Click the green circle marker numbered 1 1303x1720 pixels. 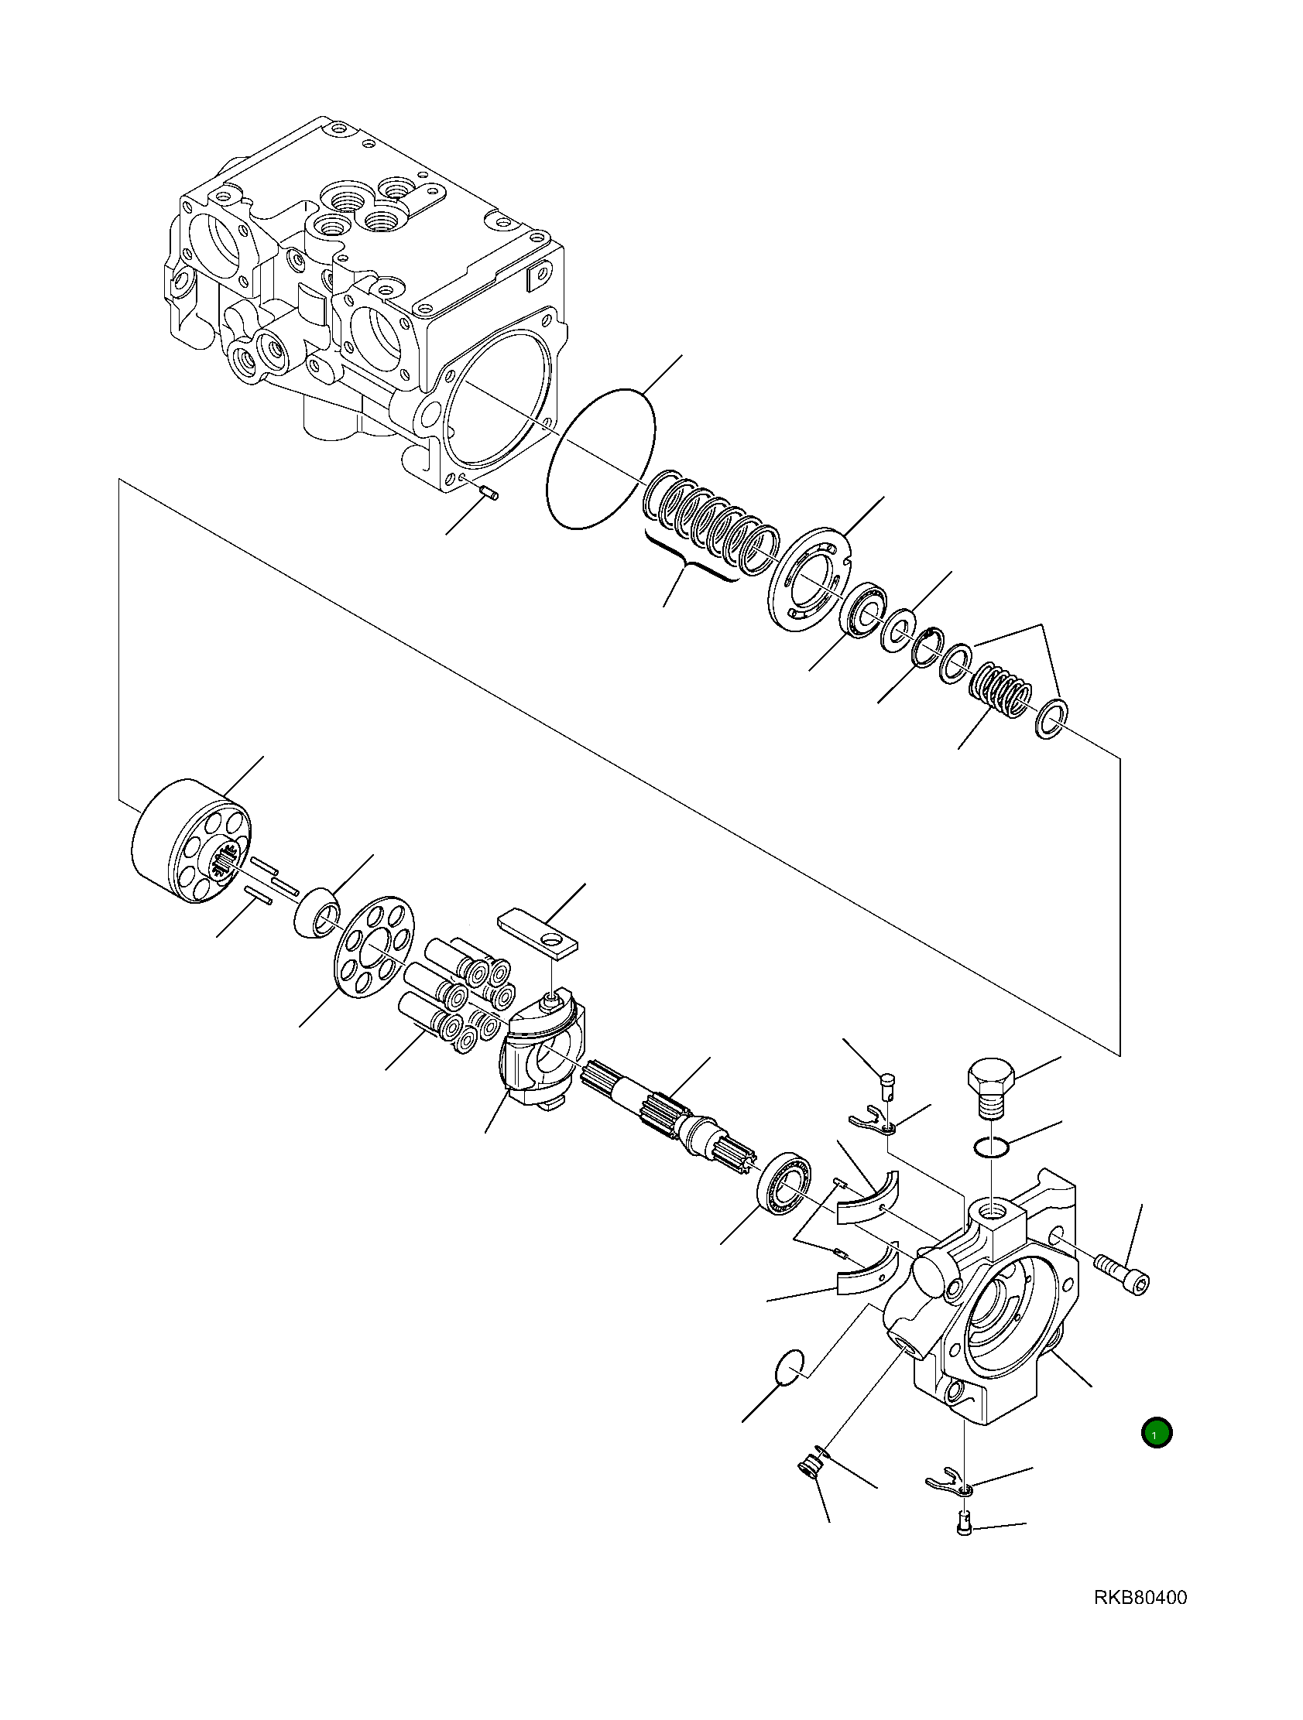tap(1156, 1433)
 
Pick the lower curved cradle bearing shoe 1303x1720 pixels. tap(867, 1276)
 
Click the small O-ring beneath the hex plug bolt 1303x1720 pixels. tap(992, 1147)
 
